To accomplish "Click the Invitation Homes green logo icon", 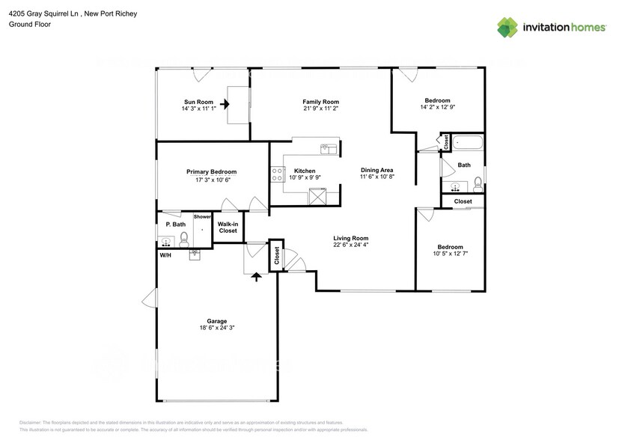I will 507,27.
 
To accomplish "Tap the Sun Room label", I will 198,102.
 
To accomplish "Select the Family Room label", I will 320,102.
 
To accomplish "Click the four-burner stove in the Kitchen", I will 275,175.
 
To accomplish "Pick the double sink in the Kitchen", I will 328,150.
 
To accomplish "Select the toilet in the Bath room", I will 478,183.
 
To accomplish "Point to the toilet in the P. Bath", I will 183,239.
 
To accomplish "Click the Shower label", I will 202,217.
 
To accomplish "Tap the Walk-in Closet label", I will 228,227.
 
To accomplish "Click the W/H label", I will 165,255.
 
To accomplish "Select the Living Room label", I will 350,238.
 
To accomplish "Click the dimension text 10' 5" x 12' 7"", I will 450,253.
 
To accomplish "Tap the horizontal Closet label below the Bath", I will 463,201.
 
